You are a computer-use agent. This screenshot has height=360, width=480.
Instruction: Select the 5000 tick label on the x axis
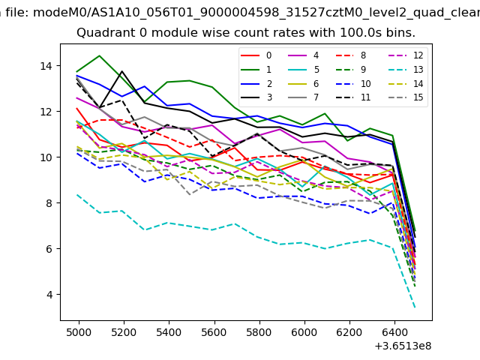pos(79,330)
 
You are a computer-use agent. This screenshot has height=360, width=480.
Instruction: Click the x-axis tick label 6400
pos(394,330)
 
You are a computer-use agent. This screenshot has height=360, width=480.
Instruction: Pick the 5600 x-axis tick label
pos(214,330)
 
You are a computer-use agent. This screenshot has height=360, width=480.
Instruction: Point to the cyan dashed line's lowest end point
pos(415,307)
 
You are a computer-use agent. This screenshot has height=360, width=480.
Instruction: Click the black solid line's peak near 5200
pos(122,71)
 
